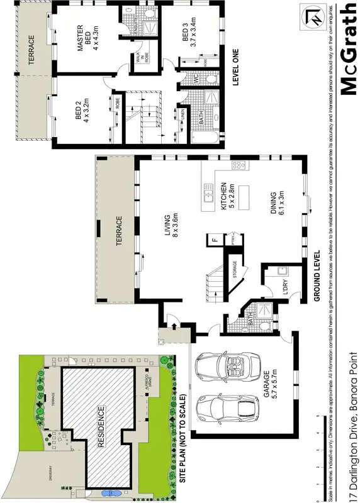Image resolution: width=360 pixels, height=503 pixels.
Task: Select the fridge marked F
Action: click(x=215, y=240)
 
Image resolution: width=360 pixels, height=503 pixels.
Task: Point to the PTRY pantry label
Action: click(x=233, y=240)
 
